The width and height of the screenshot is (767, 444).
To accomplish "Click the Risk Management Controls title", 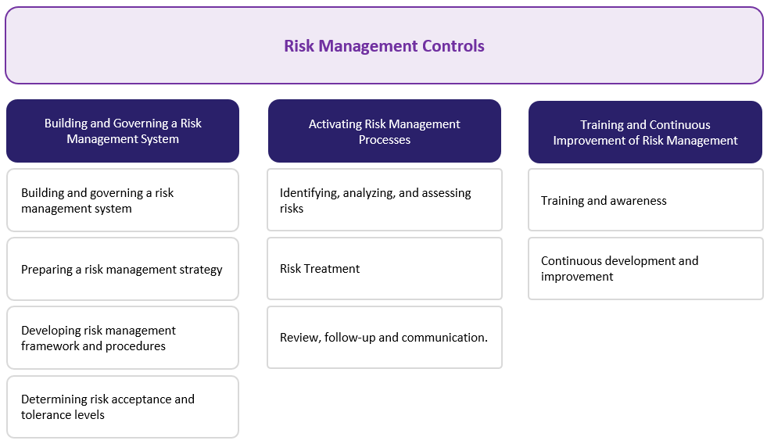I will click(384, 46).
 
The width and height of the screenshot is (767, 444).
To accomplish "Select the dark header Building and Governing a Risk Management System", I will click(123, 131).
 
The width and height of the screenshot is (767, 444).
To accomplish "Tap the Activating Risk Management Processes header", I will click(384, 131).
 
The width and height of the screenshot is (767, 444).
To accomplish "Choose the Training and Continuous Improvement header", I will click(645, 132).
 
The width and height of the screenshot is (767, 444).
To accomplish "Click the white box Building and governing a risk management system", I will click(123, 200).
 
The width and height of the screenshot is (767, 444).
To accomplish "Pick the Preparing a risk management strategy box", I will click(123, 269).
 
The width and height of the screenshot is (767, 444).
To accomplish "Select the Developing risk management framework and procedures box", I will click(123, 338).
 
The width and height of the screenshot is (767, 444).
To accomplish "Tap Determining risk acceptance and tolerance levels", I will click(123, 406).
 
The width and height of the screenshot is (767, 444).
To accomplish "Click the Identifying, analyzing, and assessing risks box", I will click(384, 200).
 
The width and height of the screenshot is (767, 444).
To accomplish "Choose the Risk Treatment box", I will click(384, 269).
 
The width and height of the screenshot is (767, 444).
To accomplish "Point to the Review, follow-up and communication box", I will click(384, 338).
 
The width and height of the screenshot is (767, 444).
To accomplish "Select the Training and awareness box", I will click(645, 200).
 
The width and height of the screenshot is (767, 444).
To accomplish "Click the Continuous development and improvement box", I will click(645, 268).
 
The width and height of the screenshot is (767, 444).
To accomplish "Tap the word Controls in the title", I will click(453, 46).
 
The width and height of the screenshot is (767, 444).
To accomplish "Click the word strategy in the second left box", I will click(201, 270).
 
